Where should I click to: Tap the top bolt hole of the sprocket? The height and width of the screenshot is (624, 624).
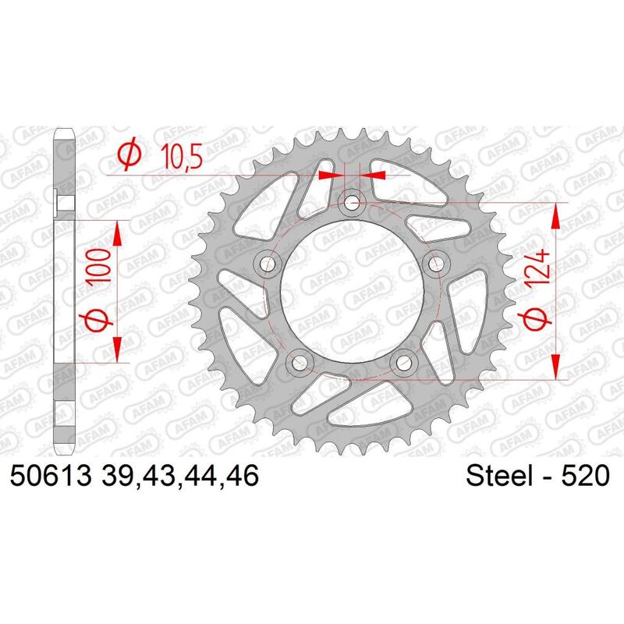pyautogui.click(x=353, y=204)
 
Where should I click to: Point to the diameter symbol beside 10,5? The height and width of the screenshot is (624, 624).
pyautogui.click(x=129, y=156)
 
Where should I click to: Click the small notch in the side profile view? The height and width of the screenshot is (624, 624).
pyautogui.click(x=66, y=204)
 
